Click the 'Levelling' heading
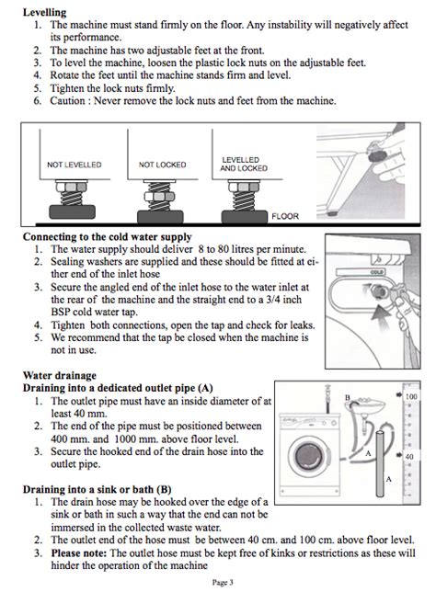[x=44, y=12]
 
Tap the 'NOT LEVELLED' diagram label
[x=75, y=165]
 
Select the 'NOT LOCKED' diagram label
[x=162, y=165]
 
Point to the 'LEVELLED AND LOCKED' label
[x=244, y=165]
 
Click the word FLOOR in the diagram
[x=285, y=216]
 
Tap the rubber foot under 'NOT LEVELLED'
[x=73, y=211]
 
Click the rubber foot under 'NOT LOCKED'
[x=160, y=217]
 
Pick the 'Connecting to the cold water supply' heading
[x=107, y=237]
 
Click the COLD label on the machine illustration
[x=377, y=272]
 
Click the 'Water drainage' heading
[x=59, y=375]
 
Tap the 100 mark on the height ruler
[x=411, y=396]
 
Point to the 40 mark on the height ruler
[x=409, y=457]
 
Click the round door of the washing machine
[x=308, y=455]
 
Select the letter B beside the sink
[x=347, y=398]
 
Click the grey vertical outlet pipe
[x=380, y=463]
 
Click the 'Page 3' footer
[x=223, y=583]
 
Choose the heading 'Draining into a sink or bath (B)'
[x=97, y=489]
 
